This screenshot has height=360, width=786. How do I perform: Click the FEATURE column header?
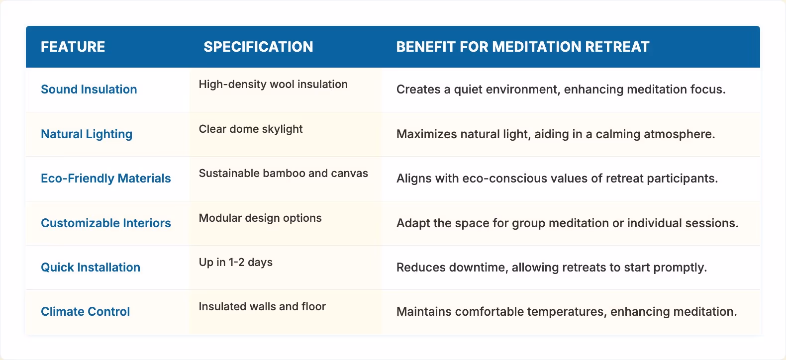click(x=73, y=47)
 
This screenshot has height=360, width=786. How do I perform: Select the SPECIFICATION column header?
click(x=258, y=47)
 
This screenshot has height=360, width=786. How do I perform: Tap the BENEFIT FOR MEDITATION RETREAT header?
click(x=523, y=47)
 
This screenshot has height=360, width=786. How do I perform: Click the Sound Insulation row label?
click(x=89, y=90)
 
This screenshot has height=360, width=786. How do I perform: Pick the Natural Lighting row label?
click(x=87, y=134)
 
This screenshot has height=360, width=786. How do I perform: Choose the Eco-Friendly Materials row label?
click(x=105, y=179)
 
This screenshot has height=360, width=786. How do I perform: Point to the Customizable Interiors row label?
click(x=105, y=223)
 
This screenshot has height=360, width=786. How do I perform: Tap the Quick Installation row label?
click(x=91, y=268)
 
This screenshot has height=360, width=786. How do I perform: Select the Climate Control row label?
click(x=85, y=312)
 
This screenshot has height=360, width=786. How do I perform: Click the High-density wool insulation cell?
click(x=273, y=85)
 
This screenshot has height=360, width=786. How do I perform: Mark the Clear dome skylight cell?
click(x=251, y=129)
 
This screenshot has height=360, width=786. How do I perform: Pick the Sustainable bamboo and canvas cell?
click(x=284, y=174)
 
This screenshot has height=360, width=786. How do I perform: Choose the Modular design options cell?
click(x=260, y=218)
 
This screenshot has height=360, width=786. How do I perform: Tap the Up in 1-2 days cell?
click(x=236, y=263)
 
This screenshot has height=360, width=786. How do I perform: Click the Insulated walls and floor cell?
click(x=262, y=307)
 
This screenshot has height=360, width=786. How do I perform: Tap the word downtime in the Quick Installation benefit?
click(x=477, y=268)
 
